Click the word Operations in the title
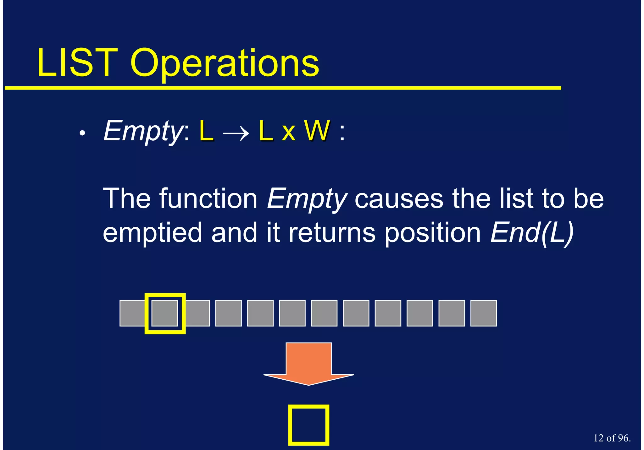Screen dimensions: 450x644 (x=225, y=64)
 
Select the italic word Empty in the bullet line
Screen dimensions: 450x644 (x=142, y=131)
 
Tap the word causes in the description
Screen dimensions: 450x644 (x=399, y=199)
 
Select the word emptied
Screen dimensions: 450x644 (x=153, y=233)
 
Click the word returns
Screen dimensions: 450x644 (x=332, y=233)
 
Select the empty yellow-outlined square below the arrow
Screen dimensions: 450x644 (x=308, y=425)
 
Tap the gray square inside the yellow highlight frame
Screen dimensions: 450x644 (x=165, y=313)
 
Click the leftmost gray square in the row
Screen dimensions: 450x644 (x=132, y=313)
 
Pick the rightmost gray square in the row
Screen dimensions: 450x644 (x=483, y=313)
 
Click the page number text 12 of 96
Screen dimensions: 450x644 (x=612, y=438)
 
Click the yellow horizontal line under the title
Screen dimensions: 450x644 (x=283, y=88)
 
